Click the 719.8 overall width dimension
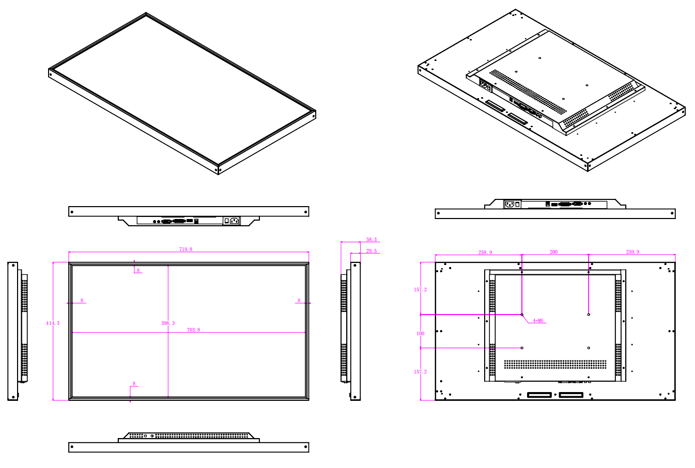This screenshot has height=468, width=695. click(186, 249)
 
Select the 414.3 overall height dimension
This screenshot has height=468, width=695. click(53, 323)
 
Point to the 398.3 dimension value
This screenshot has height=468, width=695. click(168, 323)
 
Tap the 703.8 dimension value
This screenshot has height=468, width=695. click(193, 330)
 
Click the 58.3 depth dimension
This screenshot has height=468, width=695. click(372, 240)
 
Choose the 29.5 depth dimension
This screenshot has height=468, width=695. click(372, 251)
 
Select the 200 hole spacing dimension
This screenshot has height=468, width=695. click(553, 252)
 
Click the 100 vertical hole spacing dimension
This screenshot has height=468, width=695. click(421, 334)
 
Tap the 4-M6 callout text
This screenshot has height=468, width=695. click(538, 321)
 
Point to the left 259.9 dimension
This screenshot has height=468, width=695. click(485, 253)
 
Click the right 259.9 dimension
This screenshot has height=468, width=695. click(632, 252)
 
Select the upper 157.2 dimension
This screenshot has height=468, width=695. click(421, 290)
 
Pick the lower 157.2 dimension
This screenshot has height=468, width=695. click(421, 372)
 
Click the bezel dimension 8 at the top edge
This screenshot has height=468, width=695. click(138, 271)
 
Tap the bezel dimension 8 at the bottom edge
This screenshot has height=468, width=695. click(134, 384)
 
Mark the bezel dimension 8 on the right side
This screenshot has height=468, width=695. click(299, 300)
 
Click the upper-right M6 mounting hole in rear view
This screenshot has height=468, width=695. click(589, 315)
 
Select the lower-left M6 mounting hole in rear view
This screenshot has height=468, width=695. click(522, 348)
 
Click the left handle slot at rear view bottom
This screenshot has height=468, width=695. click(539, 395)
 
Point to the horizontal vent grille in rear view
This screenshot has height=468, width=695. click(555, 364)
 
